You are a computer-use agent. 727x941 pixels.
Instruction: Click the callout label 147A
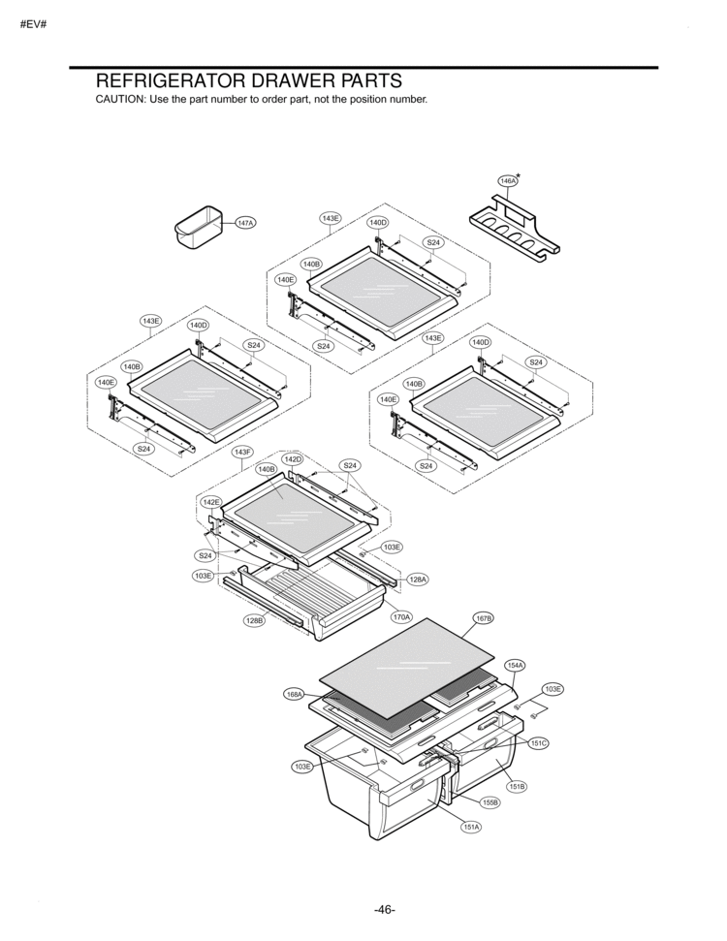[x=245, y=223]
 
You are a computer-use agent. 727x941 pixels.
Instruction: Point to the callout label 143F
[x=242, y=452]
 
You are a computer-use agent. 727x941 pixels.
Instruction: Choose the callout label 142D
[x=293, y=458]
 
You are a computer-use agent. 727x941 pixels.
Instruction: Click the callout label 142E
[x=211, y=502]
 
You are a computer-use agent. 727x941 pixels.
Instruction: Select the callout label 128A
[x=417, y=580]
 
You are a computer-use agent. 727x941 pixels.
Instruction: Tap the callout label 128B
[x=254, y=620]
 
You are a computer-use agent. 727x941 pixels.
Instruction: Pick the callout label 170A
[x=401, y=616]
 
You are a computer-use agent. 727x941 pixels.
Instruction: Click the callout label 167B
[x=484, y=617]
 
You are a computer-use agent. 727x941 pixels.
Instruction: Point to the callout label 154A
[x=515, y=665]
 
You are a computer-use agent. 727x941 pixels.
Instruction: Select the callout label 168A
[x=295, y=694]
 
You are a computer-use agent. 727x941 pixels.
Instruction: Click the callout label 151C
[x=539, y=742]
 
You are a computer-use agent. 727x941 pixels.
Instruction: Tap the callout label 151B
[x=517, y=786]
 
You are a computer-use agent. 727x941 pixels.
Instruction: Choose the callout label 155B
[x=490, y=803]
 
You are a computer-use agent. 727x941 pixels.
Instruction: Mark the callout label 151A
[x=471, y=827]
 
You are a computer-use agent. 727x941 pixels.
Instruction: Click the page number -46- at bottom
[x=384, y=909]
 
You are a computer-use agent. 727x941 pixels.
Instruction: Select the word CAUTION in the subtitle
[x=118, y=101]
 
